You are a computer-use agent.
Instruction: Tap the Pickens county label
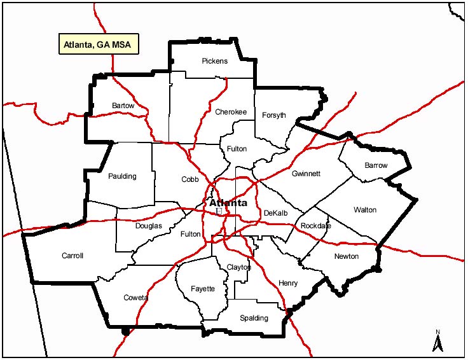(x=214, y=61)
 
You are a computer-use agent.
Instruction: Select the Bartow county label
(x=123, y=105)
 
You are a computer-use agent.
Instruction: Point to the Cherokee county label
(x=230, y=112)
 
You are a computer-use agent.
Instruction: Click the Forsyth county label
(x=273, y=115)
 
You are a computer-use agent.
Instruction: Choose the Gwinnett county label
(x=306, y=174)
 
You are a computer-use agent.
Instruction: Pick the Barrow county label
(x=375, y=165)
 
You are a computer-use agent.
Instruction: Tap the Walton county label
(x=365, y=209)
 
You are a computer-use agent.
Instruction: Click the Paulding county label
(x=122, y=176)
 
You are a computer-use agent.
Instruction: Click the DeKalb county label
(x=276, y=213)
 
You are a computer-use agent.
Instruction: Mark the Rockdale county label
(x=316, y=226)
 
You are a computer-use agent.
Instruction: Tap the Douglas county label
(x=148, y=226)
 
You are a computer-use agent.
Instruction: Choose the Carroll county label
(x=72, y=256)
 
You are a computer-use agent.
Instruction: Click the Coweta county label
(x=135, y=298)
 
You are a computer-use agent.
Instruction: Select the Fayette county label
(x=203, y=289)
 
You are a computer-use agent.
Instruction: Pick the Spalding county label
(x=254, y=318)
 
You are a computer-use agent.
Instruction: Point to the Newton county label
(x=346, y=256)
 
